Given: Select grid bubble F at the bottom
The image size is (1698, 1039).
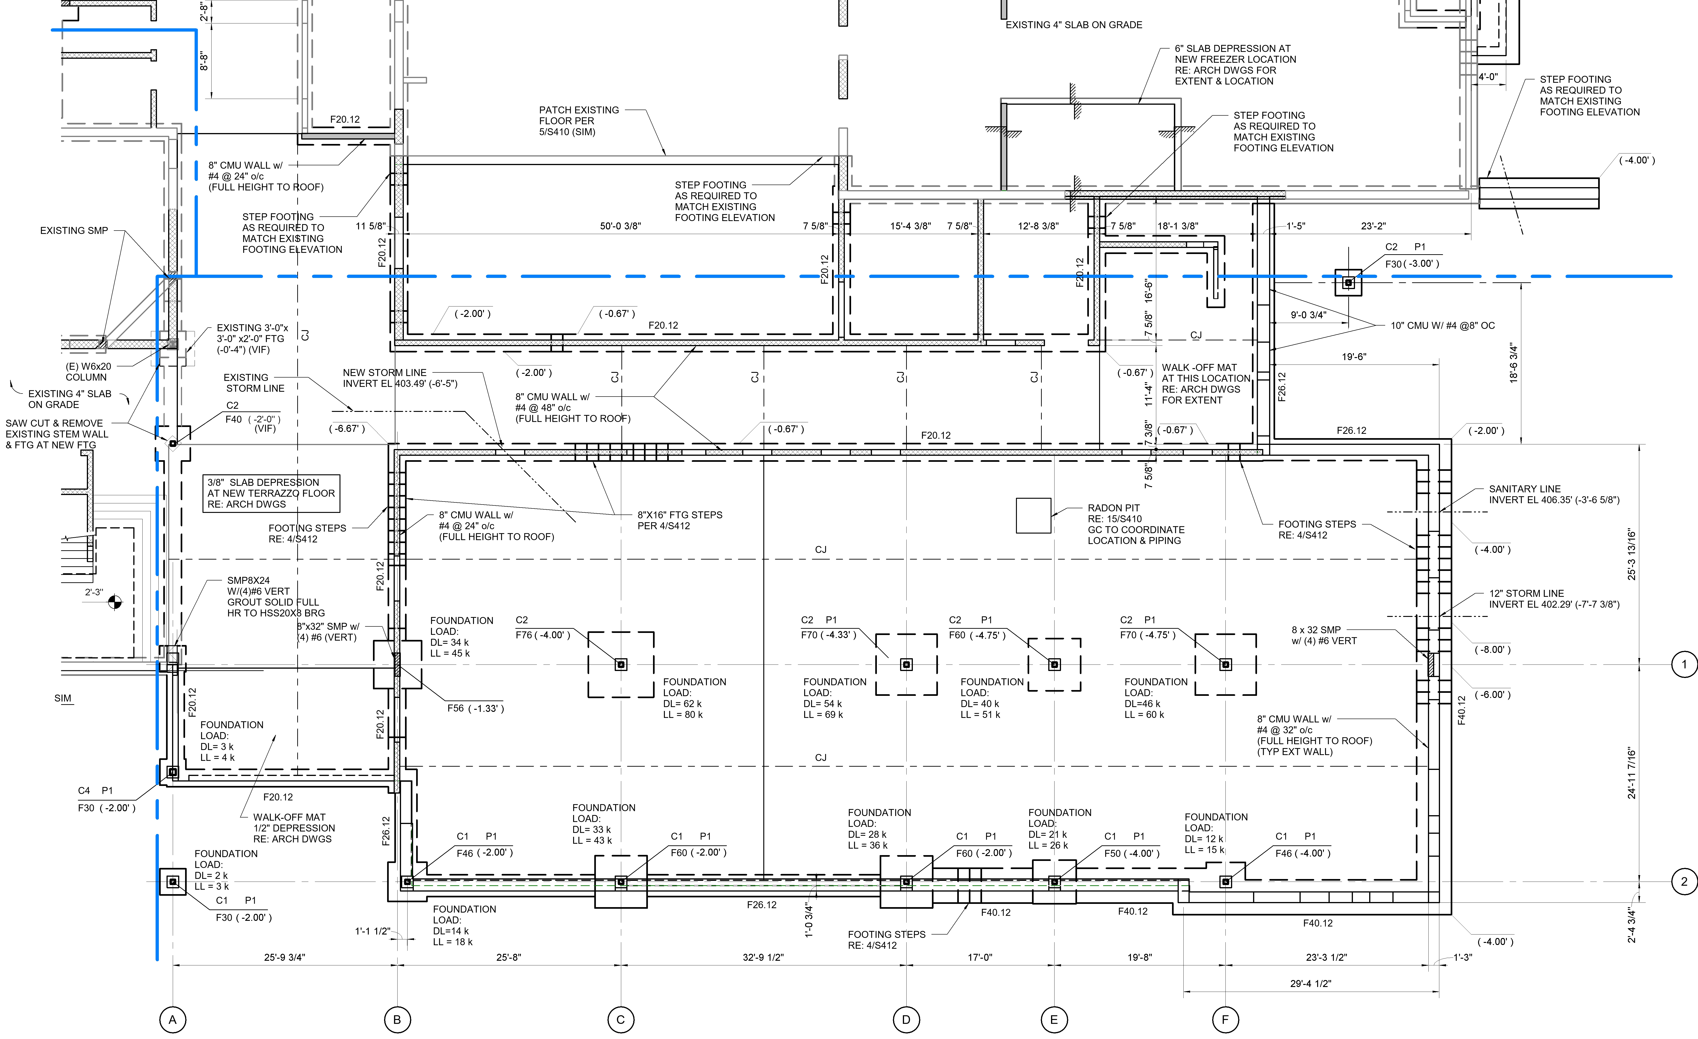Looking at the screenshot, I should pyautogui.click(x=1225, y=1019).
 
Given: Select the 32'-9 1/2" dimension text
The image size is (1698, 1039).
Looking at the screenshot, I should pyautogui.click(x=763, y=957).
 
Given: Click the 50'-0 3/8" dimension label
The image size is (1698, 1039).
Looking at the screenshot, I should pyautogui.click(x=620, y=226).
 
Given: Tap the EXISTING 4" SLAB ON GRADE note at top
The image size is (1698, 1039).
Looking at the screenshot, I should pyautogui.click(x=1074, y=25).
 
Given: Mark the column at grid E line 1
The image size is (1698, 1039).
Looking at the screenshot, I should pyautogui.click(x=1054, y=664).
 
